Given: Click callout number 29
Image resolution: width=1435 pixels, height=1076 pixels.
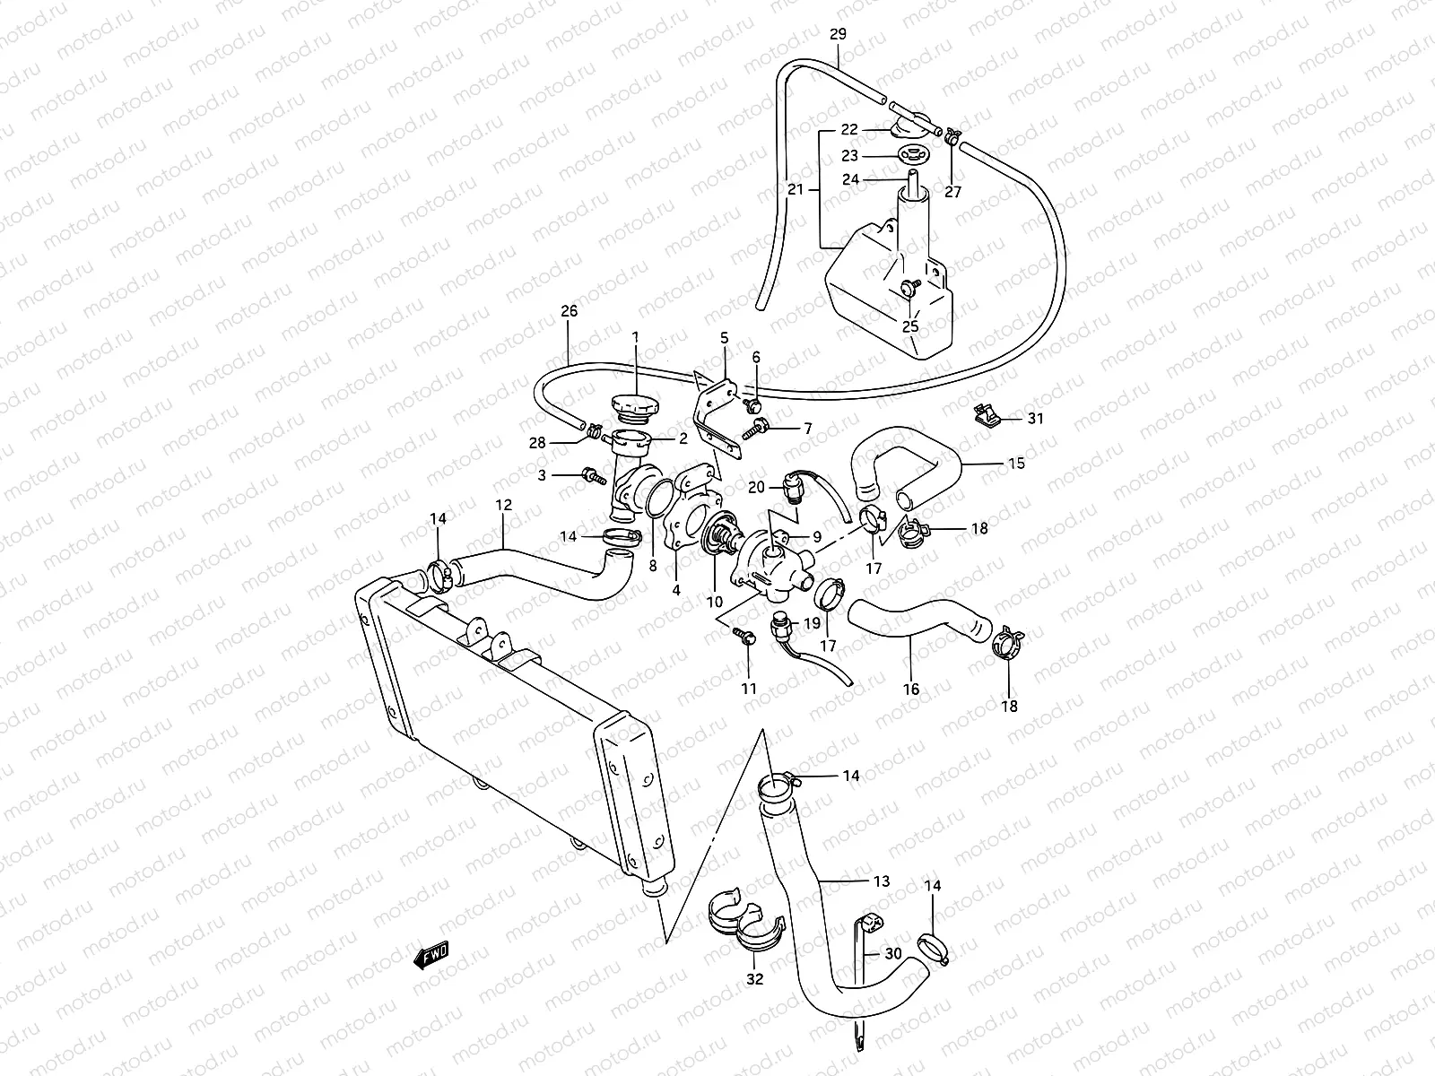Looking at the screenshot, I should pyautogui.click(x=838, y=35).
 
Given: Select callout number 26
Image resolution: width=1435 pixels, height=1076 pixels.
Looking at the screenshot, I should pyautogui.click(x=569, y=311).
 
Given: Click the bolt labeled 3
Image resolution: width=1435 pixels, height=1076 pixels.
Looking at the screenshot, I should pyautogui.click(x=591, y=475).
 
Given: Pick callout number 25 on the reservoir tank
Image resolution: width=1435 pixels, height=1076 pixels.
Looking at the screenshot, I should pyautogui.click(x=909, y=326).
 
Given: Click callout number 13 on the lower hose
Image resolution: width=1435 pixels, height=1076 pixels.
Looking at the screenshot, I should pyautogui.click(x=882, y=881).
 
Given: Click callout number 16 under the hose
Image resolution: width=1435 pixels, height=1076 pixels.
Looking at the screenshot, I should pyautogui.click(x=910, y=689).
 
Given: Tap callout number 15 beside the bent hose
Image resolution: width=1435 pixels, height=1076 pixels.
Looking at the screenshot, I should pyautogui.click(x=1015, y=464).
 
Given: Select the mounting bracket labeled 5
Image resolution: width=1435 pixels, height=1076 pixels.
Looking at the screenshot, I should pyautogui.click(x=714, y=409).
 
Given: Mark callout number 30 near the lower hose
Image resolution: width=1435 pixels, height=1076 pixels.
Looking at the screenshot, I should pyautogui.click(x=892, y=954).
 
